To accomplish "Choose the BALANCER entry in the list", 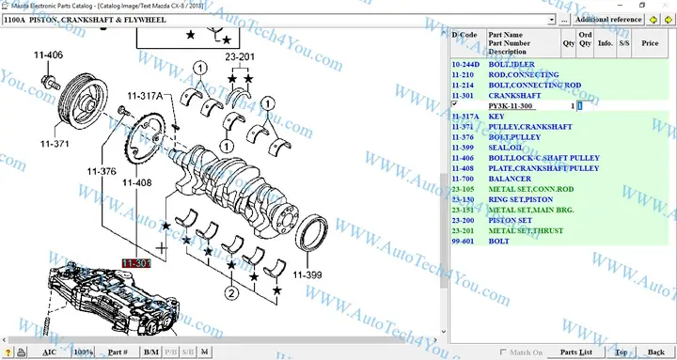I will [511, 178].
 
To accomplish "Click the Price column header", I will [650, 42].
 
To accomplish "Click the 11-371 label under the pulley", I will [55, 144].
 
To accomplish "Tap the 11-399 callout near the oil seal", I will [307, 274].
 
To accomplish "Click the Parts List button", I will [575, 352].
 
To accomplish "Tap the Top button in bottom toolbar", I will [622, 352].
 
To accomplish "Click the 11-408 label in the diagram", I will [136, 182].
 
